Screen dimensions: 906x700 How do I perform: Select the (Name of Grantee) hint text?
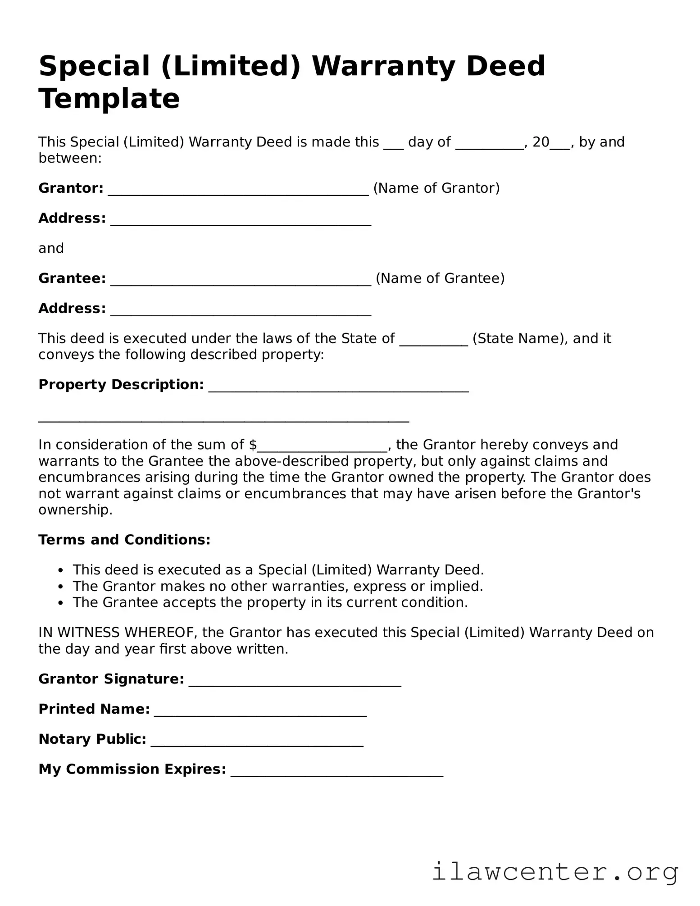click(x=440, y=278)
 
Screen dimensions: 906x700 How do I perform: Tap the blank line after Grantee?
click(x=241, y=280)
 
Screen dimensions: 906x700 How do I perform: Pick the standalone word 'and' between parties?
click(x=51, y=248)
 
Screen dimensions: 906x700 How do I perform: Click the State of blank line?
click(x=433, y=340)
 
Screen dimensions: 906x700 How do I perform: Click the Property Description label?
click(x=121, y=384)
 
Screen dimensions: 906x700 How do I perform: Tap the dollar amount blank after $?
click(x=322, y=446)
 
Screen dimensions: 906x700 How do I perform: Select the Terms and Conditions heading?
click(x=124, y=540)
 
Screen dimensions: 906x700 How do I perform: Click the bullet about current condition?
click(x=270, y=602)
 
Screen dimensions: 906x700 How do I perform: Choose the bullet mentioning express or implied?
click(x=277, y=586)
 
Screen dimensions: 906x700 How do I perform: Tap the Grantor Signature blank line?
click(x=295, y=681)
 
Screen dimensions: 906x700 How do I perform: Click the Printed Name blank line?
click(x=260, y=711)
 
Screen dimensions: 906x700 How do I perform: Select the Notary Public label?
click(x=92, y=739)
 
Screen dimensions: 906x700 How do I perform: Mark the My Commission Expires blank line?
click(x=336, y=771)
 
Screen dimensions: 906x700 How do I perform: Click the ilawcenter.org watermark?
click(x=555, y=871)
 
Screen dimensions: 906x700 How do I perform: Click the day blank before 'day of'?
click(x=393, y=144)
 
